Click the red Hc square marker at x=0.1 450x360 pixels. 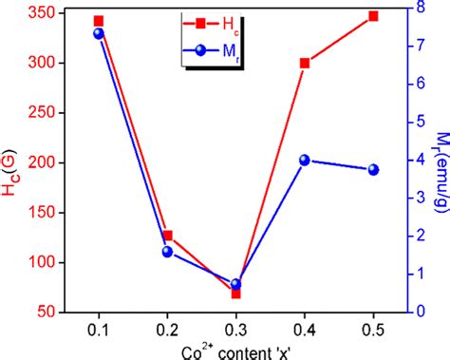coord(99,21)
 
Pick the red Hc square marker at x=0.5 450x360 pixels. coord(373,16)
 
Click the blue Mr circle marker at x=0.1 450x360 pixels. coord(99,33)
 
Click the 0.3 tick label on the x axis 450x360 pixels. coord(235,326)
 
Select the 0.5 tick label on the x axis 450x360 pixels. coord(373,326)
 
